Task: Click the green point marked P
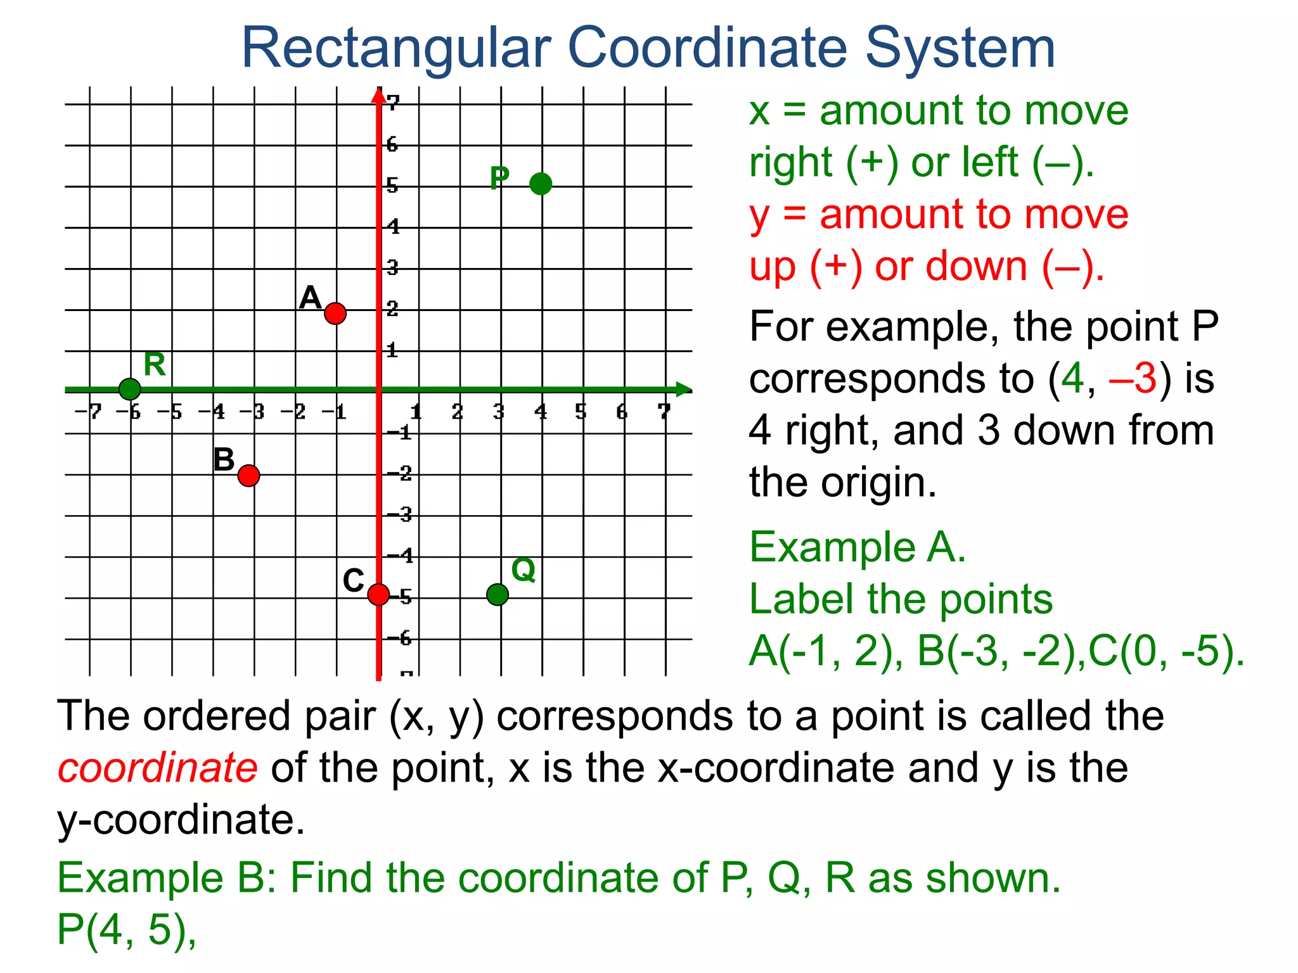[541, 184]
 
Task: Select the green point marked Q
[498, 594]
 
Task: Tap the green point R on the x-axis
[130, 389]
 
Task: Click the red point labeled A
[335, 313]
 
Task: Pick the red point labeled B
[249, 475]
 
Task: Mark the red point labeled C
[378, 594]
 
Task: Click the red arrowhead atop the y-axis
[378, 95]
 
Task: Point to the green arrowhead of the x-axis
[683, 390]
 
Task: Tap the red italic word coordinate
[158, 768]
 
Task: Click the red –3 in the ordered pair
[1133, 379]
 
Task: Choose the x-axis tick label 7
[664, 412]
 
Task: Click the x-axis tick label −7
[88, 412]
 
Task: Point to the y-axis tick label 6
[392, 144]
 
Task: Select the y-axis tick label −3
[400, 514]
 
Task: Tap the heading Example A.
[858, 547]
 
